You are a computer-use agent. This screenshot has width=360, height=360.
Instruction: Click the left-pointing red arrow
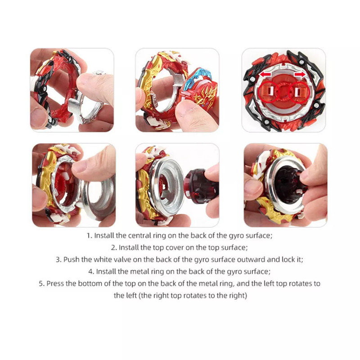265,74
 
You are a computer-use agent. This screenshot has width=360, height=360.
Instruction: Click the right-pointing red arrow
300,74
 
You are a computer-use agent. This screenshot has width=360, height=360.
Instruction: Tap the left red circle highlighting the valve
268,92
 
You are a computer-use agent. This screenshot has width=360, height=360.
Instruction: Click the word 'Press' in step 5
55,283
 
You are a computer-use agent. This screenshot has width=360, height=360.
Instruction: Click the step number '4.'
91,272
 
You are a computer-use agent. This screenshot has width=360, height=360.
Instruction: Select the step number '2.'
114,248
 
